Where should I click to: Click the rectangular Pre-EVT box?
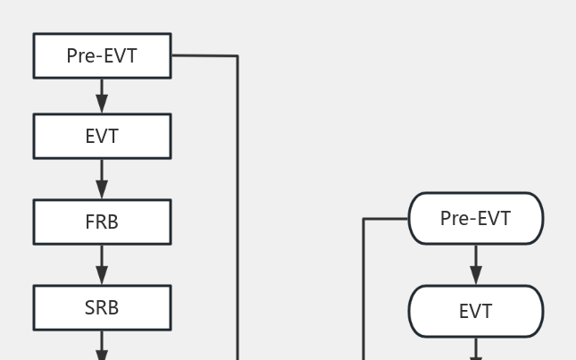click(102, 56)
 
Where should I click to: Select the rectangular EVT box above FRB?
click(102, 137)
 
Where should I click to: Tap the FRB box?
click(102, 222)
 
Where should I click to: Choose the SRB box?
click(102, 308)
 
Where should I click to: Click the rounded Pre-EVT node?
click(475, 219)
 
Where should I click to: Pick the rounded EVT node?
click(475, 312)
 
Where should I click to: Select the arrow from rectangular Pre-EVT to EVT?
click(102, 95)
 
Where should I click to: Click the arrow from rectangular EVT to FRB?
click(102, 178)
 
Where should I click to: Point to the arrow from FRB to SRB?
click(102, 264)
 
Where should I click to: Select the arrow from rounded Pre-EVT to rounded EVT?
click(475, 264)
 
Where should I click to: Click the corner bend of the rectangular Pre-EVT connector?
click(237, 56)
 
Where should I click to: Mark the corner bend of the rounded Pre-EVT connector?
click(363, 219)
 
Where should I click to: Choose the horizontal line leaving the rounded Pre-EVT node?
click(386, 219)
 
